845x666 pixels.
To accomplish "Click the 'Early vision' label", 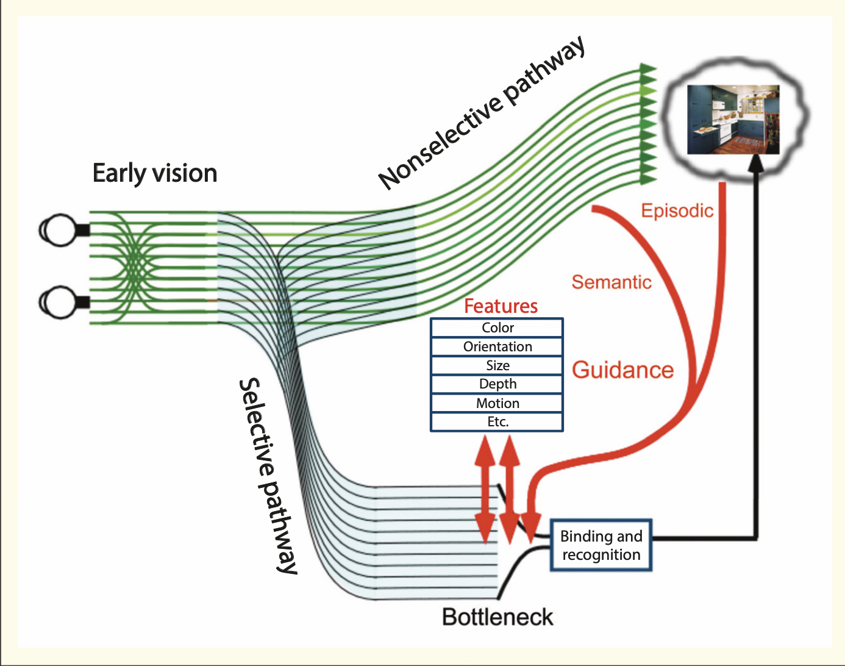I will tap(155, 173).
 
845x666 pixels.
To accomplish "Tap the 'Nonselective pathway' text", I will tap(482, 113).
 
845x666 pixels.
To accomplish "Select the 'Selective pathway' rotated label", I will tap(268, 476).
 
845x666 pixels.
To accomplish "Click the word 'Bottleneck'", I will tap(497, 617).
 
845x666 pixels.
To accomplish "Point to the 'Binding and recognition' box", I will tap(601, 545).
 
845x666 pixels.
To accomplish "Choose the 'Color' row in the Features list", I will tap(497, 328).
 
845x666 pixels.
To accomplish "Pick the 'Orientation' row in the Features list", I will tap(497, 347).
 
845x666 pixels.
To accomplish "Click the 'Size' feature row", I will tap(497, 366).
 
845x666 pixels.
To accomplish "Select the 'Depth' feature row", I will tap(497, 384).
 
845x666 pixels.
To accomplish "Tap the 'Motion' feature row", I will tap(497, 404).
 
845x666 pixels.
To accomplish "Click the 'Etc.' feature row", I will tap(497, 422).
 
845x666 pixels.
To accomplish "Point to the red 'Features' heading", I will tap(501, 306).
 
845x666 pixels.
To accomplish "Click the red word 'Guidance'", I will tap(622, 370).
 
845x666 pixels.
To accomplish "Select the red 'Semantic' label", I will tap(611, 282).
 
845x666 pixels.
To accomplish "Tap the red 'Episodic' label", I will tap(677, 211).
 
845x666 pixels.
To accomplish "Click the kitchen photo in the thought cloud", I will tap(733, 120).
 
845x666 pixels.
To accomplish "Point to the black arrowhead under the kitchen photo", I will tap(757, 162).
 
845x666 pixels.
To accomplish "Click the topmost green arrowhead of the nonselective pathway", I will tap(647, 69).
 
